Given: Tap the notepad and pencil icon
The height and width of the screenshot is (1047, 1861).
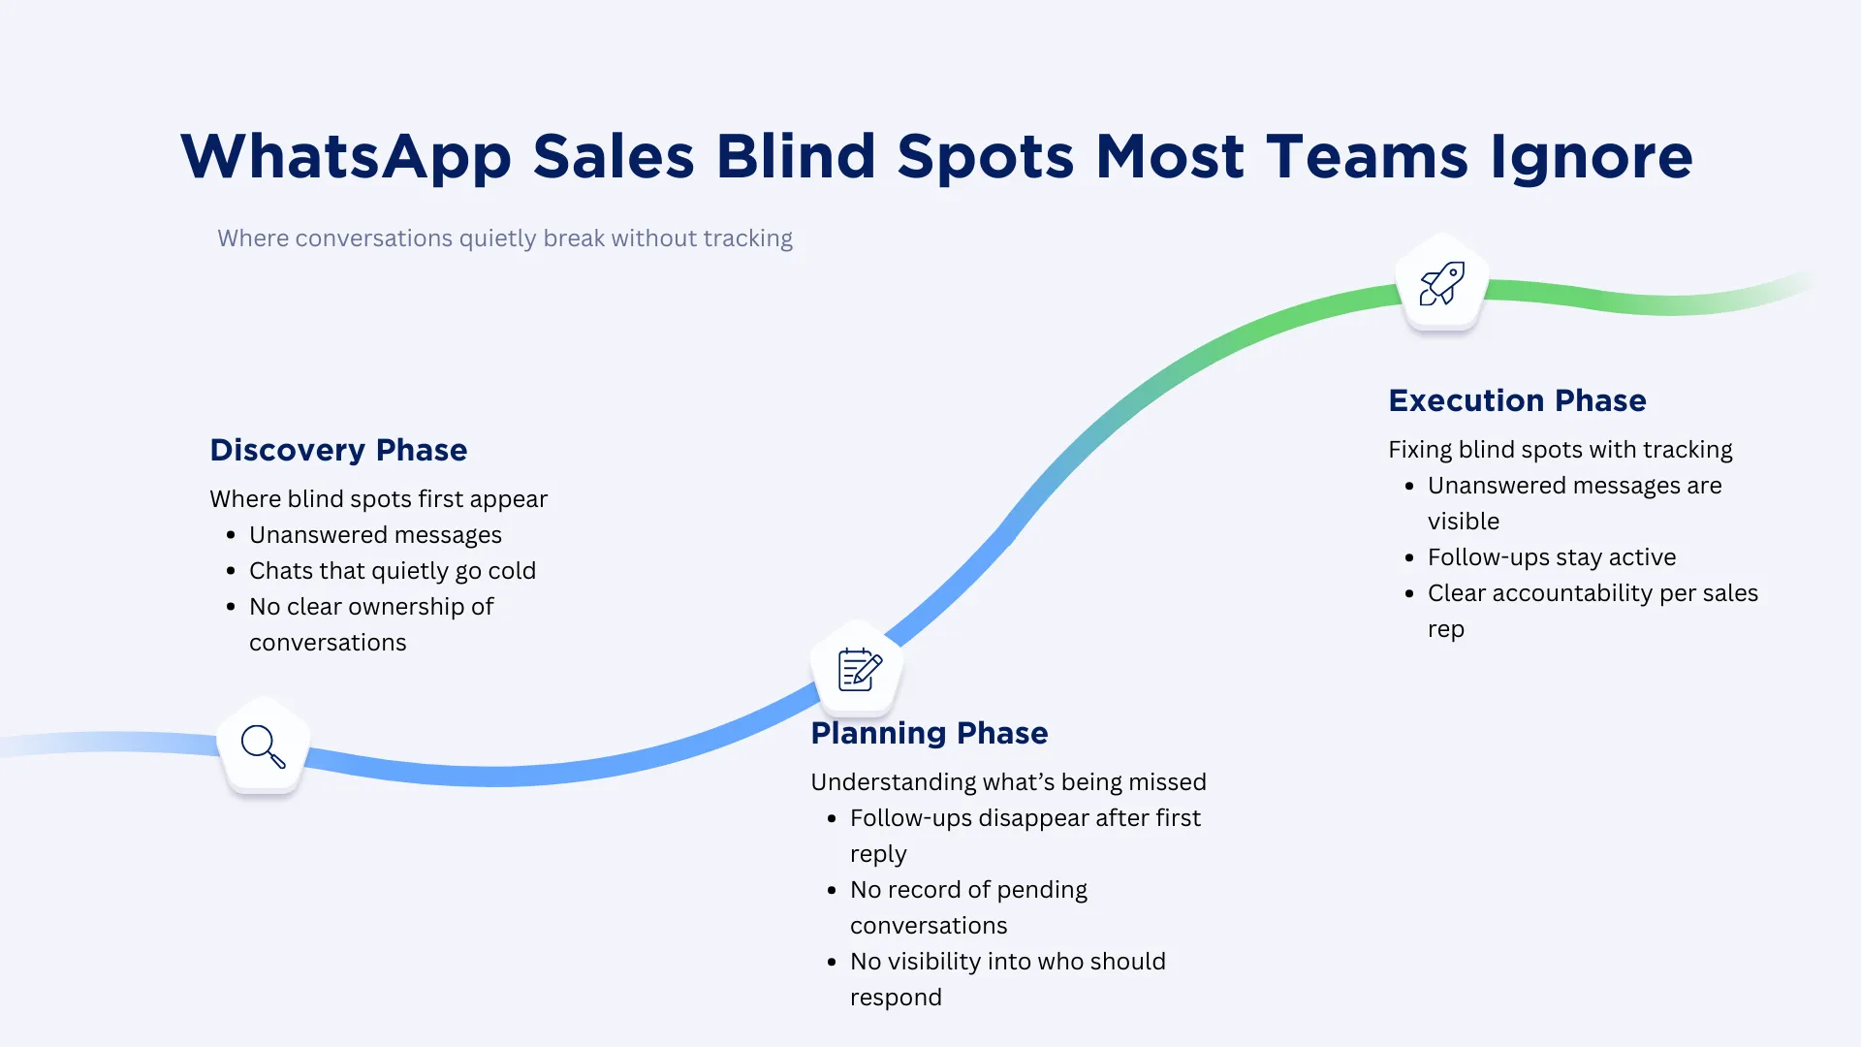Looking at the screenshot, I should pos(859,669).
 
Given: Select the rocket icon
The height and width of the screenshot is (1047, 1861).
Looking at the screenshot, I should pos(1442,283).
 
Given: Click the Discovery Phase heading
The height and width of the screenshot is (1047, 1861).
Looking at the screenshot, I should pos(338,450).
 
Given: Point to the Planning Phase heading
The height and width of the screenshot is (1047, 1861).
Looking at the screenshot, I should pos(929,733).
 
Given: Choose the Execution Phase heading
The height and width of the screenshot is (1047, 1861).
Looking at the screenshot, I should pos(1517,400).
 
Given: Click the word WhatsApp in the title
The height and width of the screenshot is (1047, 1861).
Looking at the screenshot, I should pos(345,157).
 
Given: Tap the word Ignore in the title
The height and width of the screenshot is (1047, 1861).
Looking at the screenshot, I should pos(1591,157).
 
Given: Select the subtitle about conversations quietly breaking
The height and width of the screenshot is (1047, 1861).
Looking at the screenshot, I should pos(504,238).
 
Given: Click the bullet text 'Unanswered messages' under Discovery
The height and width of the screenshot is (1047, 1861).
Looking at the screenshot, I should pos(375,535).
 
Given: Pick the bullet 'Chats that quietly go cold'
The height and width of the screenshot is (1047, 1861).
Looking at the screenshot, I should pos(392,571).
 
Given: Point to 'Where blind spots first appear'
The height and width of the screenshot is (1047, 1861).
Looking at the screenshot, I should pos(378,499).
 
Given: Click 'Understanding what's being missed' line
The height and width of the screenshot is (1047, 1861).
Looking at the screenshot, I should pos(1008,782).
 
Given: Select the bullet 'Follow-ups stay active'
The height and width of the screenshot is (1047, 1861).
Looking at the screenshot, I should pos(1551,557).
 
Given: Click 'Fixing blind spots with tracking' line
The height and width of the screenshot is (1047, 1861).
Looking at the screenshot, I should pos(1560,450).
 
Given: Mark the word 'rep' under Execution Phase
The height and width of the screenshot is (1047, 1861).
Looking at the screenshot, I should pos(1445,630).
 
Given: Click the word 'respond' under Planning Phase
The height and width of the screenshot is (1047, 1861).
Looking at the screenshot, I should pos(896,998).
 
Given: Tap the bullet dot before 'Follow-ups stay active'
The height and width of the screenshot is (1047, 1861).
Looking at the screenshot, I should pos(1409,557).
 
